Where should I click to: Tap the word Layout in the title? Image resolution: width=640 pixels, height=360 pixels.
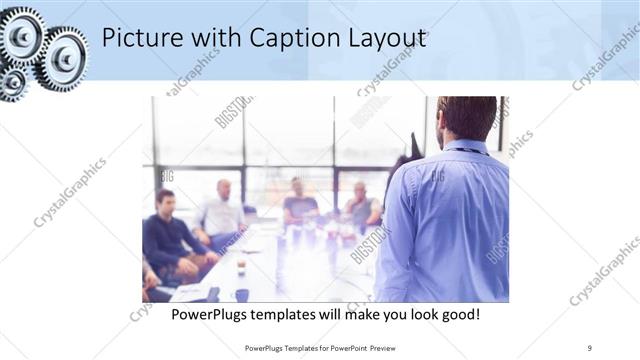384,39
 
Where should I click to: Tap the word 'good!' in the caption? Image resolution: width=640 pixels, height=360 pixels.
457,314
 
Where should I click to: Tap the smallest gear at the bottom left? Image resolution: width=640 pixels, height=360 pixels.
12,82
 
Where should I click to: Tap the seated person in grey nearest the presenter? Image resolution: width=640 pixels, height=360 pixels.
362,204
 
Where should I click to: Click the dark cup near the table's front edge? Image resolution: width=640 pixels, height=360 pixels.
241,294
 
